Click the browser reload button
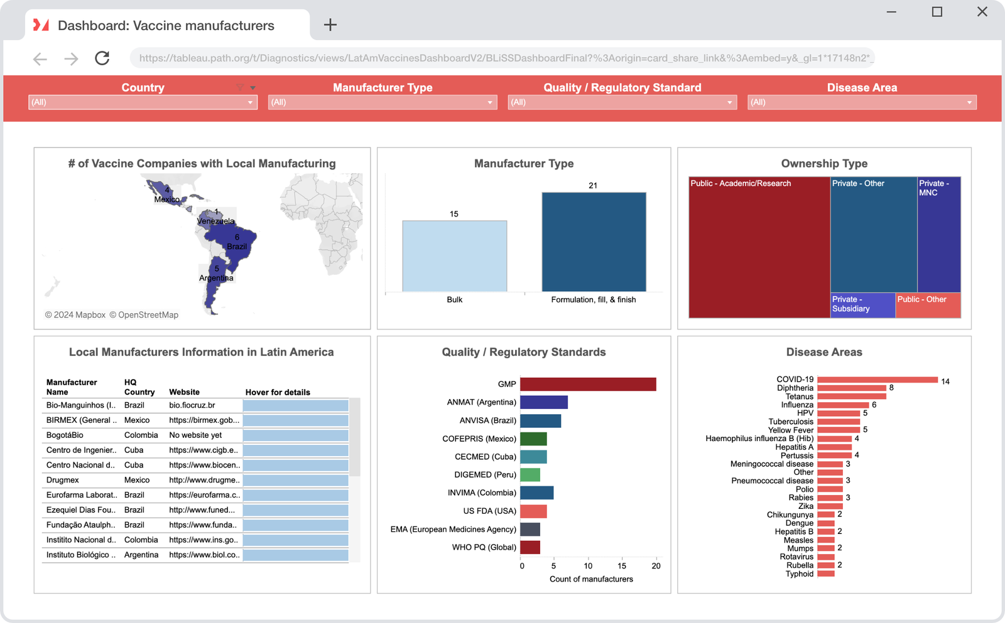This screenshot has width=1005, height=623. point(102,58)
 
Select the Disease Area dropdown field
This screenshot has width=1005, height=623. point(861,102)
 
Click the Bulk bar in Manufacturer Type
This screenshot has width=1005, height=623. point(454,256)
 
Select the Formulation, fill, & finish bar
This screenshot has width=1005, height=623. point(594,242)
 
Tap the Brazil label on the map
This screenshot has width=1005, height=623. point(237,247)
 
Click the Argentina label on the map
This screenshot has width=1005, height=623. point(216,278)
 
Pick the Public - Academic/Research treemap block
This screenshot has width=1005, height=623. point(759,248)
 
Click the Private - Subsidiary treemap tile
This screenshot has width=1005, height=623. point(862,305)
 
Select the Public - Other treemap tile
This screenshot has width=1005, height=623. point(928,305)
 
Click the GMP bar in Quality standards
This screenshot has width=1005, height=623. point(588,384)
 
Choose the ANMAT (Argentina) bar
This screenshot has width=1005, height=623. point(544,402)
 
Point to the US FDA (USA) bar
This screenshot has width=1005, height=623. point(533,511)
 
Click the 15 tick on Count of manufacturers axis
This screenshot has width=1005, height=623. point(622,566)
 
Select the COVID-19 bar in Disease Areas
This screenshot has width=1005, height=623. point(877,380)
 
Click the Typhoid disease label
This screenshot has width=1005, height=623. point(799,574)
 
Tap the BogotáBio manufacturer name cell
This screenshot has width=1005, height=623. point(65,435)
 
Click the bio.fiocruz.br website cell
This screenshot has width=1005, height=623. point(192,405)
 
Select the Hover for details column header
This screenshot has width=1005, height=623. point(278,392)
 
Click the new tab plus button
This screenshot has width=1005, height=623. point(330,25)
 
